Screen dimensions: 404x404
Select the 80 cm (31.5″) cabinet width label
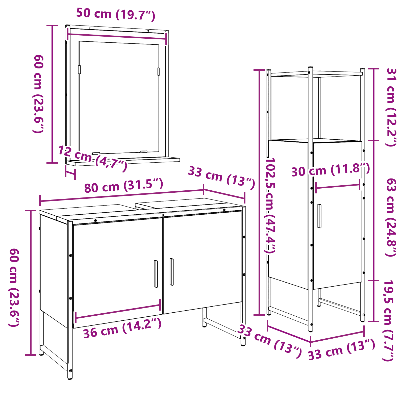click(124, 186)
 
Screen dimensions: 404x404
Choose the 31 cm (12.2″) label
click(391, 107)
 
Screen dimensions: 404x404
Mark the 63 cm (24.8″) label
click(391, 217)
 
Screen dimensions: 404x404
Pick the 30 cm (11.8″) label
click(330, 170)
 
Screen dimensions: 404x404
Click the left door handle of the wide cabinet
click(156, 274)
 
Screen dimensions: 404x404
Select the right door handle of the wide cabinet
click(172, 272)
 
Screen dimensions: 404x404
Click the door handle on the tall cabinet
click(319, 216)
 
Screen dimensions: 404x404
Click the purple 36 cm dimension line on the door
click(118, 311)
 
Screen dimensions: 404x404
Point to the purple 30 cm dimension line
click(338, 186)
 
